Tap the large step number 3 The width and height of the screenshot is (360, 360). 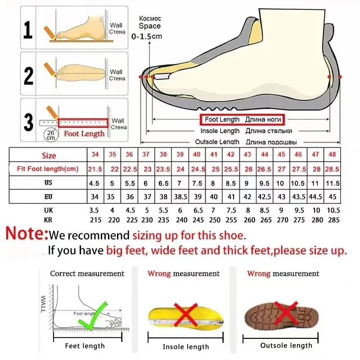click(x=28, y=122)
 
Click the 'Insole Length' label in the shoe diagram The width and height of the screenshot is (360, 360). click(x=220, y=131)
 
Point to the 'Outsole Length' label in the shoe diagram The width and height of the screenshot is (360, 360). click(x=217, y=142)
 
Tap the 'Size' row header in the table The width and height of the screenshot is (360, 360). click(x=49, y=156)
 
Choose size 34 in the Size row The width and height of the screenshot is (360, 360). click(x=95, y=155)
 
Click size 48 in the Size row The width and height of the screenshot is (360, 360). click(x=332, y=155)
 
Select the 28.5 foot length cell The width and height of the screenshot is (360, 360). click(x=332, y=169)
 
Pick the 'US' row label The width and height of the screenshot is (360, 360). click(x=49, y=183)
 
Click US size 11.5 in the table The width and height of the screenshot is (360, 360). click(x=332, y=183)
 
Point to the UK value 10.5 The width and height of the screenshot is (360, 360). click(x=332, y=211)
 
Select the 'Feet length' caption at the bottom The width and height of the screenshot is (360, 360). click(x=85, y=346)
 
